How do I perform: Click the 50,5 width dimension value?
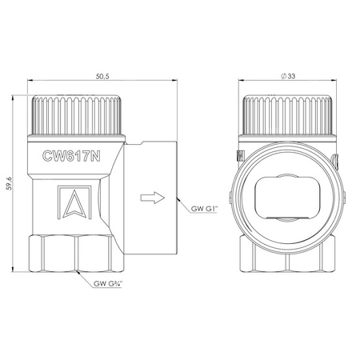point(102,76)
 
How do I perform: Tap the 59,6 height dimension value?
point(10,183)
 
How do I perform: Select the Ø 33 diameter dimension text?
point(288,76)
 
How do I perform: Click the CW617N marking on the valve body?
point(71,156)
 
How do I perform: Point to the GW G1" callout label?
point(205,209)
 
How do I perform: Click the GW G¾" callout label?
point(108,283)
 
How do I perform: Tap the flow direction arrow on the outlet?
point(153,198)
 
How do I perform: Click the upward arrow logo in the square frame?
point(74,202)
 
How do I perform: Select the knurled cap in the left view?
point(77,115)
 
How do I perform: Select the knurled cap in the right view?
point(287,115)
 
